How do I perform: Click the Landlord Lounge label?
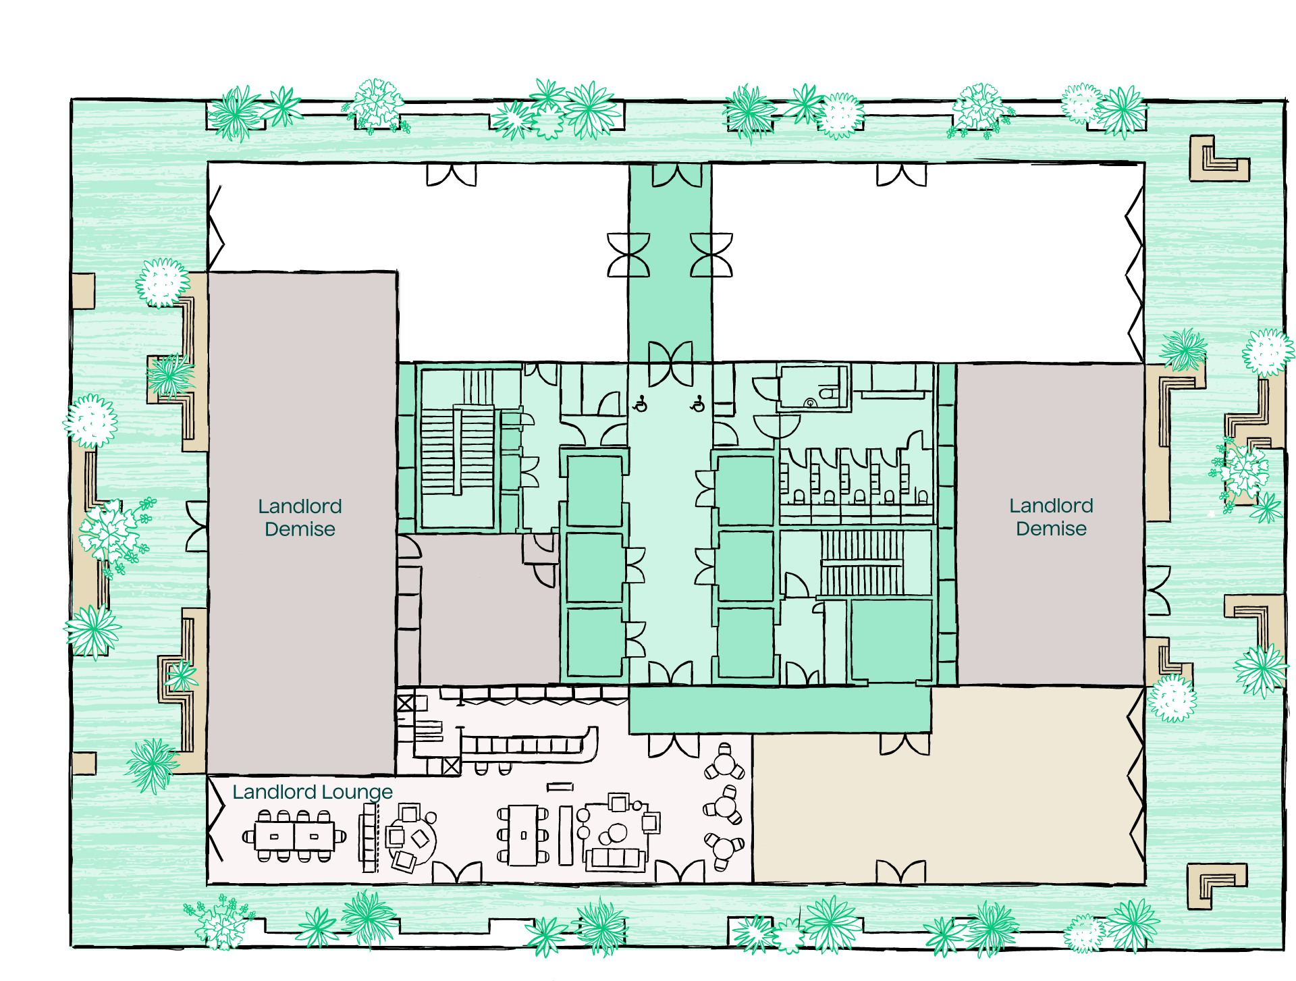[313, 792]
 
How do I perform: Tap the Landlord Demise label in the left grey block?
[300, 517]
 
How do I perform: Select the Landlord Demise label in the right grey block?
[1051, 516]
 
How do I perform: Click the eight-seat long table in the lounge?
[294, 836]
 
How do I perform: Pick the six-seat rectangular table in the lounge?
[523, 835]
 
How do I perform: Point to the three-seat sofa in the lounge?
[615, 858]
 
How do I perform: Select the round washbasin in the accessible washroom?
[810, 403]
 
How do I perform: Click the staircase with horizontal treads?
[458, 449]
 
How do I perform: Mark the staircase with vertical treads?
[862, 562]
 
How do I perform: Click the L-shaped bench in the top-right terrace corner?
[1218, 159]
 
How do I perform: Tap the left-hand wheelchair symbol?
[641, 404]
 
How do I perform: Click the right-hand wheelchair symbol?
[698, 404]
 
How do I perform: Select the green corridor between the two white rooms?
[670, 263]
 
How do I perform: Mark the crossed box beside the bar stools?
[452, 766]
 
